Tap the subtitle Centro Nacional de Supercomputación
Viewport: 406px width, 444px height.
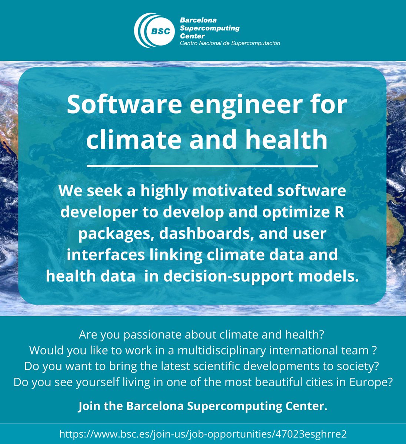click(x=230, y=43)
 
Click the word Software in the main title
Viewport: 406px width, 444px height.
click(x=124, y=105)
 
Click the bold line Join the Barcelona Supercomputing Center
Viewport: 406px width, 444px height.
click(x=203, y=406)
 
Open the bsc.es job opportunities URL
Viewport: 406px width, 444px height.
click(x=203, y=434)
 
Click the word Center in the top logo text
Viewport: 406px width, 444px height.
click(x=192, y=36)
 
